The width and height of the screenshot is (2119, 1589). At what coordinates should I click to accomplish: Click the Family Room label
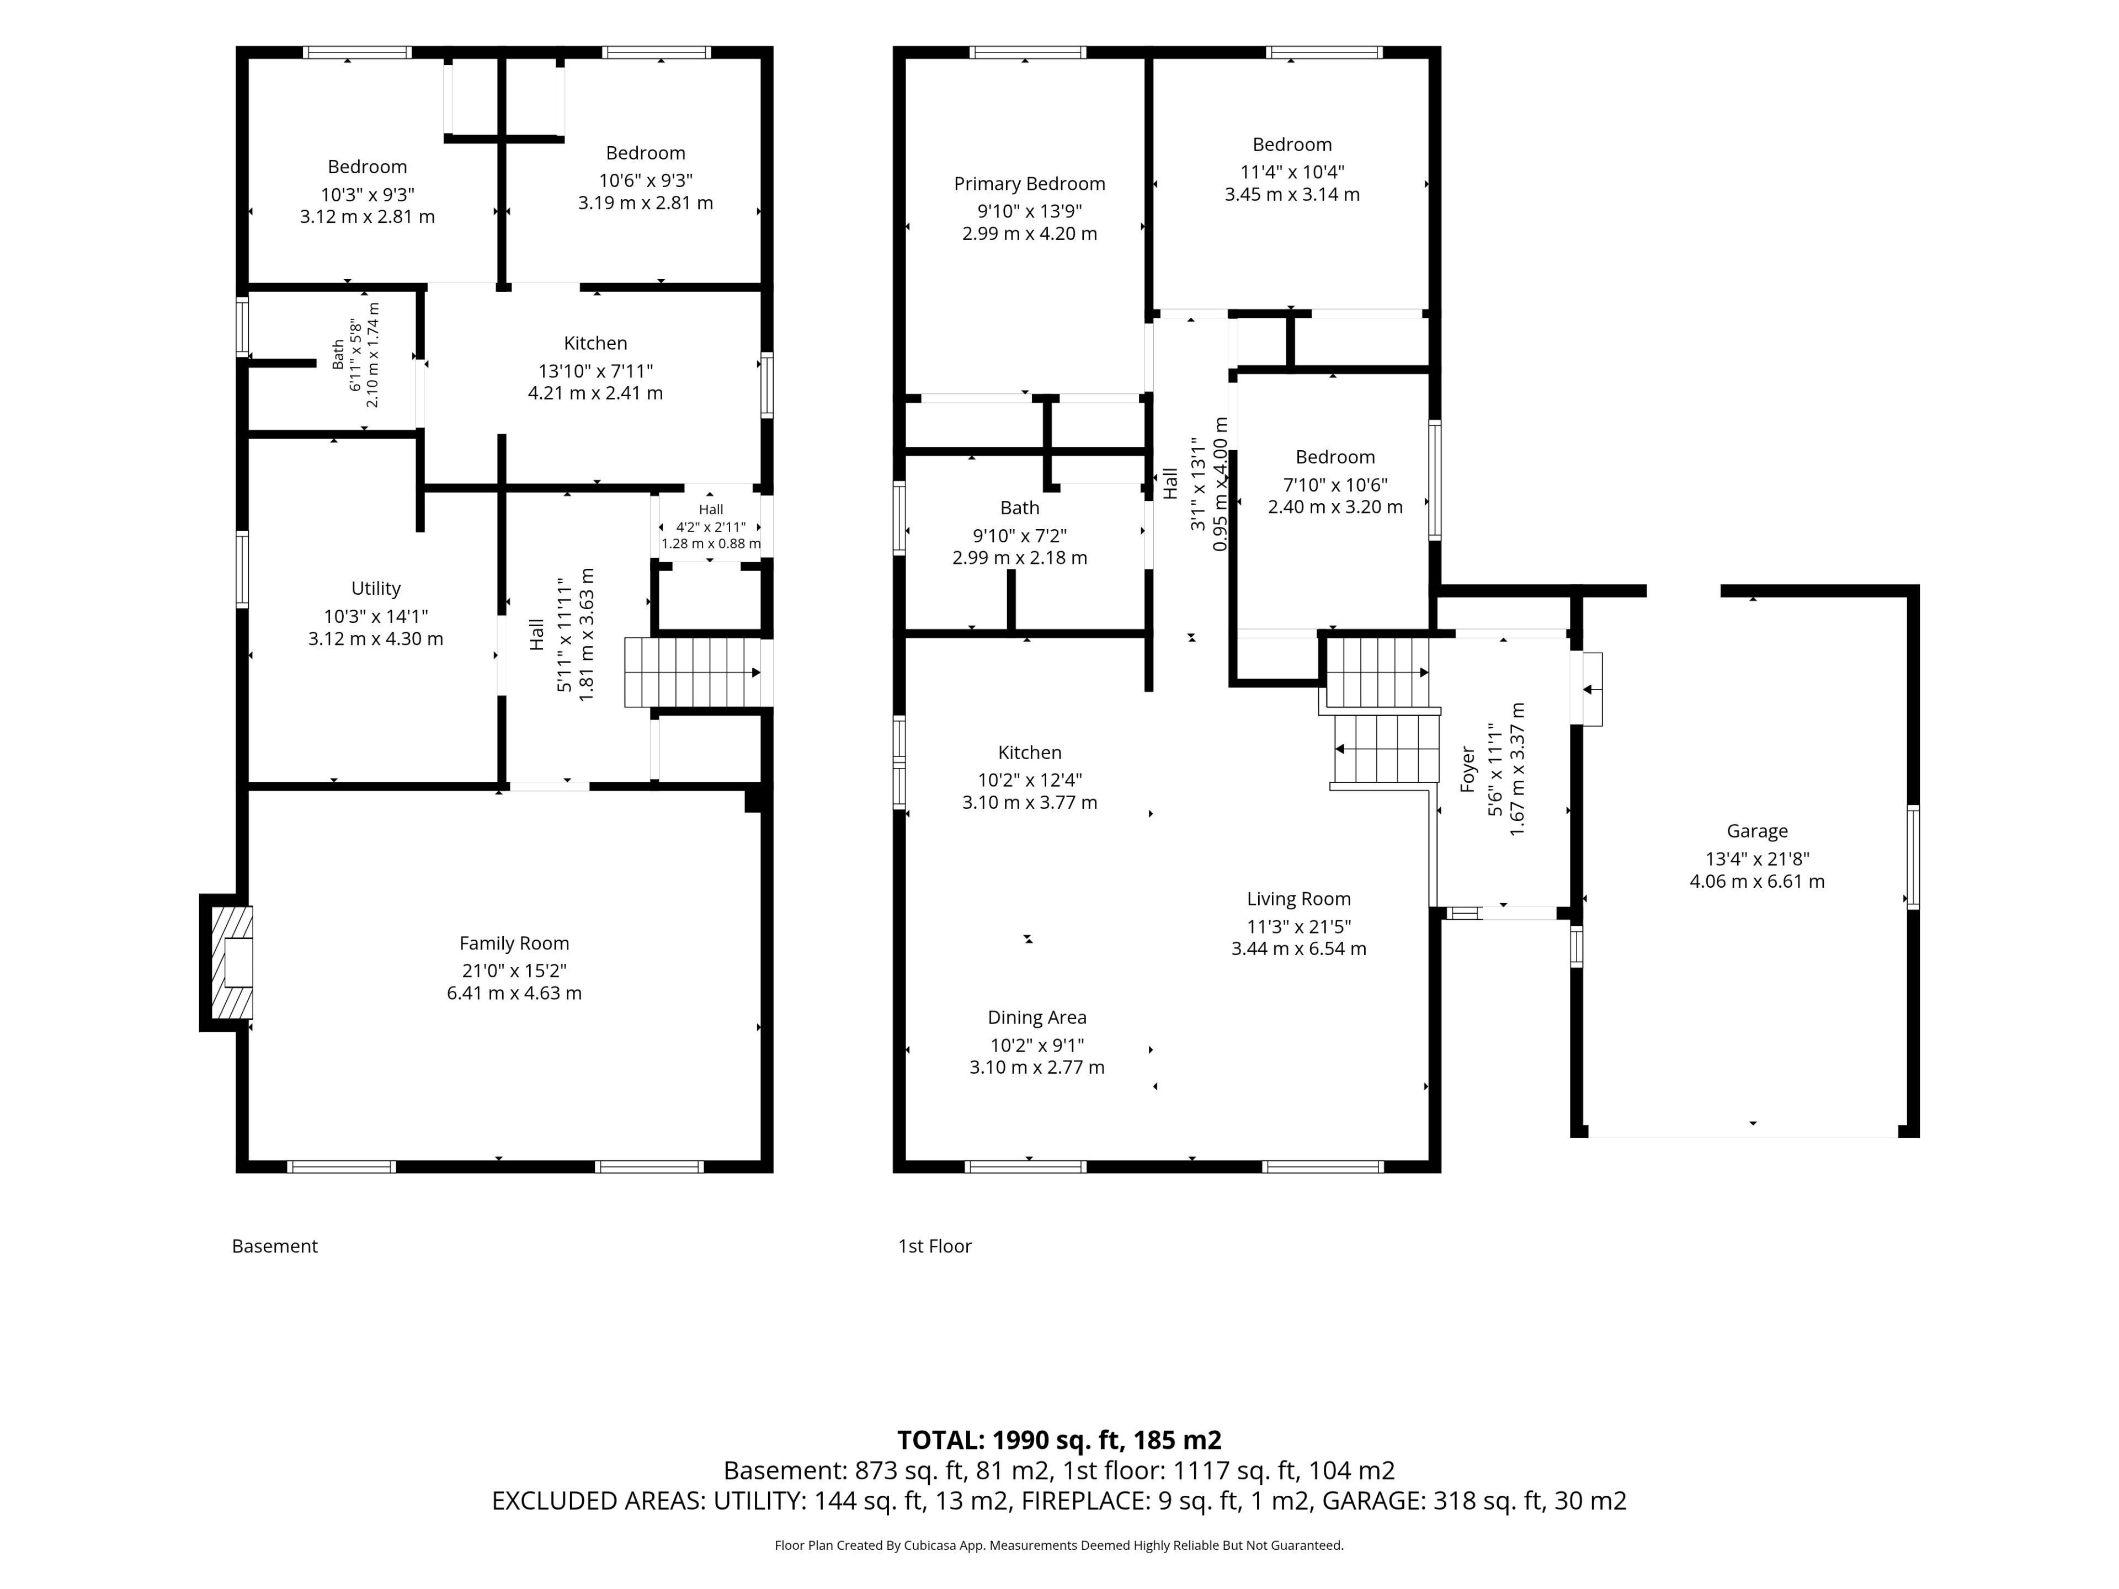coord(514,943)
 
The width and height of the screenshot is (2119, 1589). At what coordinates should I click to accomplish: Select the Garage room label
coord(1757,831)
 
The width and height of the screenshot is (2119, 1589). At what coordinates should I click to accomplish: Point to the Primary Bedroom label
coord(1030,184)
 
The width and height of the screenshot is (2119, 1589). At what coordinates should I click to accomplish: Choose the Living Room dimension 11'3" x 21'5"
coord(1299,926)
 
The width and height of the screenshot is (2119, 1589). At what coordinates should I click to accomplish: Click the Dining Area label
coord(1037,1017)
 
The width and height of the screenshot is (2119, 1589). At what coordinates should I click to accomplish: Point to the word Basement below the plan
coord(275,1246)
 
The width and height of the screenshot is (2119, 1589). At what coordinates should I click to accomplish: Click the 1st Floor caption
coord(935,1246)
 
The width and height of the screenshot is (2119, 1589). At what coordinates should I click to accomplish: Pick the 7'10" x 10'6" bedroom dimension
coord(1335,484)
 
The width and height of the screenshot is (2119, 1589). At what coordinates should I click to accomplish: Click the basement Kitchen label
coord(596,343)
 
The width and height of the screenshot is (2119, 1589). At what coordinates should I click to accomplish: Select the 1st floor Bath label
coord(1020,508)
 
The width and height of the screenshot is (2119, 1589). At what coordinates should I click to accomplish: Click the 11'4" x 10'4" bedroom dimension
coord(1292,172)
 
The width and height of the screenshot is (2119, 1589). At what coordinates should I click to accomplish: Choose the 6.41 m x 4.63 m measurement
coord(514,993)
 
